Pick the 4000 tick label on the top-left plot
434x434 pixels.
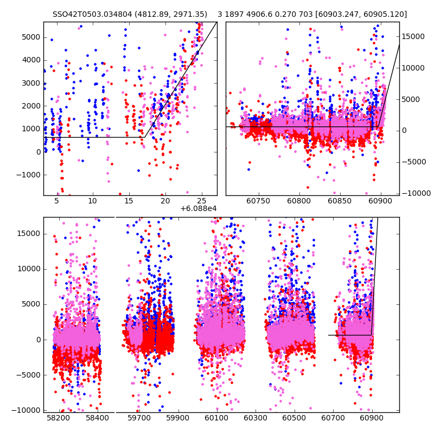click(x=31, y=60)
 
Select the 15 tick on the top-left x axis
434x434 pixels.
click(x=129, y=201)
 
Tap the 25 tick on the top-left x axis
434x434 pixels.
click(x=201, y=201)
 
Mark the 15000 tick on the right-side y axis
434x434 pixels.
click(x=414, y=36)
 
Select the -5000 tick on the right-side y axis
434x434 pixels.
click(x=414, y=162)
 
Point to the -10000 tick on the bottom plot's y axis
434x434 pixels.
click(x=26, y=410)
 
